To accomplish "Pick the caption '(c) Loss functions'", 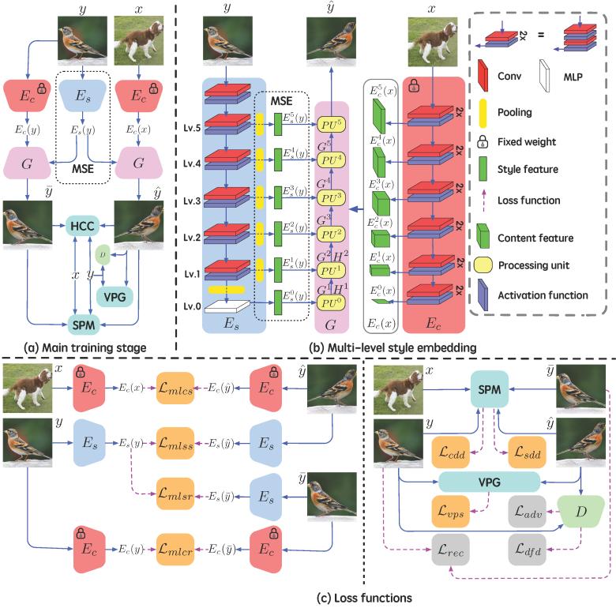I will [308, 599].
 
